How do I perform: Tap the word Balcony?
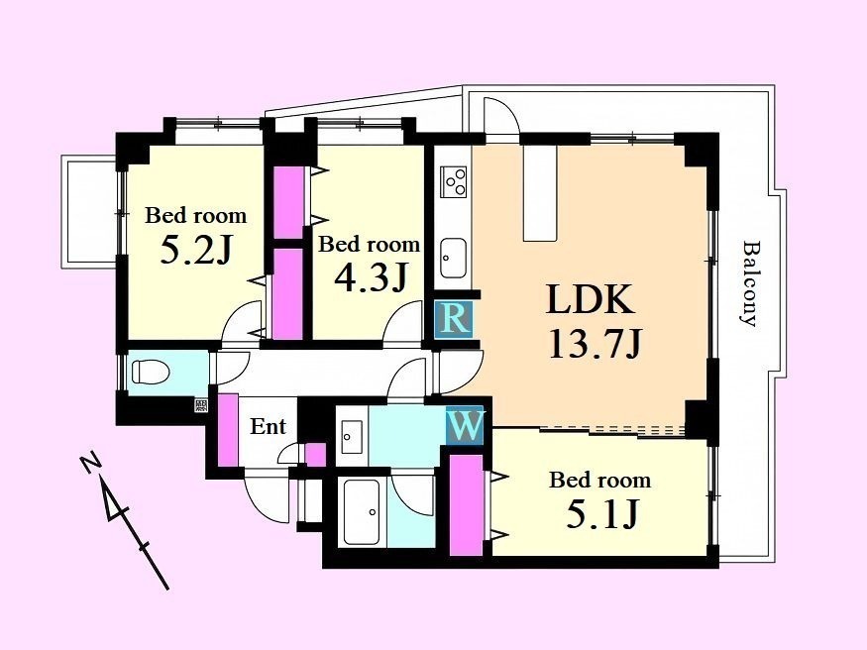coord(749,283)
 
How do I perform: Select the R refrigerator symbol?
coord(454,318)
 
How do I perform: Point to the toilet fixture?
coord(150,372)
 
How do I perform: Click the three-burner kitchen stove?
coord(454,181)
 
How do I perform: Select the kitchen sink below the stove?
coord(453,259)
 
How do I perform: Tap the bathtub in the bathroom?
coord(362,511)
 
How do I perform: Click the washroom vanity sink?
coord(352,437)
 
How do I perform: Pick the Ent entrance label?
coord(269,426)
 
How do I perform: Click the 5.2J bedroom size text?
coord(195,251)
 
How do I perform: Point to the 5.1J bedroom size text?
coord(602,513)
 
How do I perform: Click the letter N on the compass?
coord(90,464)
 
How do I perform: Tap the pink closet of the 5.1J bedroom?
coord(466,504)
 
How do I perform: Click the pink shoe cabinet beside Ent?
coord(228,429)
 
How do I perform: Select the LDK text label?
coord(591,299)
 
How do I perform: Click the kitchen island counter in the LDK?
coord(540,193)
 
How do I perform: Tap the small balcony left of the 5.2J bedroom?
coord(88,212)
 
